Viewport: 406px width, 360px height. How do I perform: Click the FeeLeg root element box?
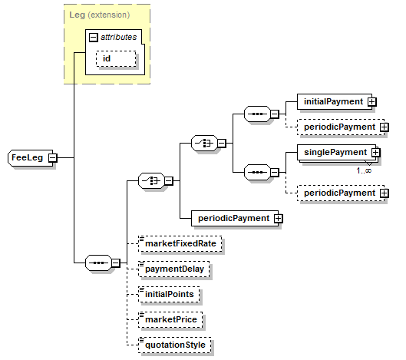click(30, 157)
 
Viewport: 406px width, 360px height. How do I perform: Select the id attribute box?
click(116, 59)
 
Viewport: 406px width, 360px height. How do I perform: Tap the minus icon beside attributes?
click(93, 38)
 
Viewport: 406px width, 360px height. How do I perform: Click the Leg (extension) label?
click(100, 15)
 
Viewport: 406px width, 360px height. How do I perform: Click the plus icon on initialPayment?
click(371, 102)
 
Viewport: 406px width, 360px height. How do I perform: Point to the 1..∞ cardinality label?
click(364, 170)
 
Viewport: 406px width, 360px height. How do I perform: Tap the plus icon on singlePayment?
click(376, 152)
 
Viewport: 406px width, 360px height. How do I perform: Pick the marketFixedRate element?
click(180, 244)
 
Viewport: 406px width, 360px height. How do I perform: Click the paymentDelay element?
click(174, 269)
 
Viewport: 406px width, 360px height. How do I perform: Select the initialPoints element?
click(169, 295)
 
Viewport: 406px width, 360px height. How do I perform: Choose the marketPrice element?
click(170, 319)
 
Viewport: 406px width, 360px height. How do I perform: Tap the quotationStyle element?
click(175, 345)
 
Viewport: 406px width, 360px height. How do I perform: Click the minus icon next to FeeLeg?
click(52, 157)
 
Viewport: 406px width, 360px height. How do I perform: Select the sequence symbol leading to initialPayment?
click(257, 114)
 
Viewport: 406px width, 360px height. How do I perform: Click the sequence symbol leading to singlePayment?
click(257, 172)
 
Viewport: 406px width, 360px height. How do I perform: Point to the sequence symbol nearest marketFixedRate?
click(99, 263)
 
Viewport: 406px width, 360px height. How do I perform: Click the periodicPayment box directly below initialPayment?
click(341, 127)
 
